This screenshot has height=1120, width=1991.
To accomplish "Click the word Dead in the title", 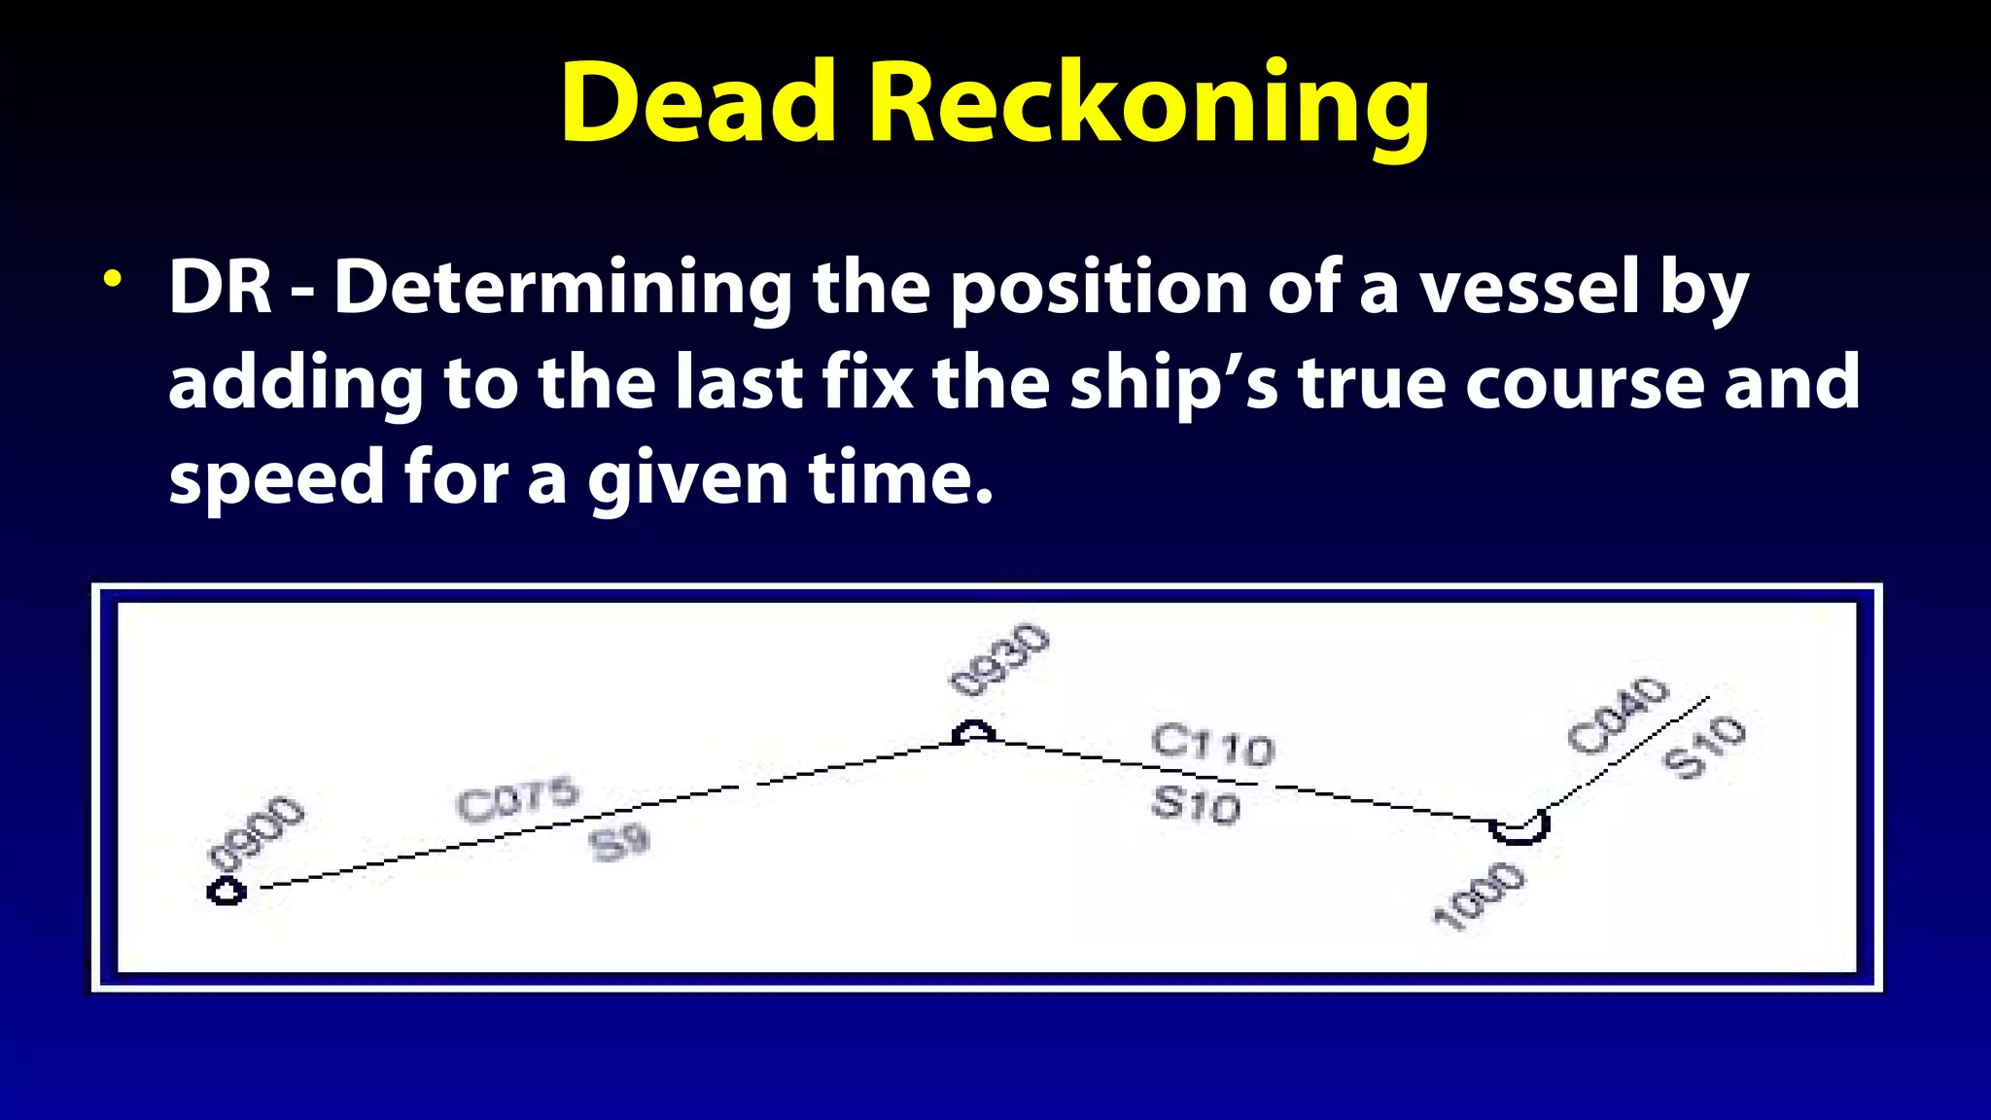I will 698,103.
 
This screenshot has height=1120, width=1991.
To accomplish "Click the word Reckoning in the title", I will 1148,105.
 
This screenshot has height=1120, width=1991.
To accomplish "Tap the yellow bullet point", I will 114,279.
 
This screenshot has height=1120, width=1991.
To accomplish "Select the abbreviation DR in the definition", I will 221,288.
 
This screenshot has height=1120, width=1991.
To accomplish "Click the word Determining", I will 563,288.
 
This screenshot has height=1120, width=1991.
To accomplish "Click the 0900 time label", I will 257,832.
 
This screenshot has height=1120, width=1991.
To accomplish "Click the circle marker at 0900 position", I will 227,891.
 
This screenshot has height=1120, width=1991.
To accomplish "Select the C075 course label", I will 517,800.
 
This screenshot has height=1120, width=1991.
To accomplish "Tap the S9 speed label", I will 619,842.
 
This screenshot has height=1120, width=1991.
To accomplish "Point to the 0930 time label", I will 999,661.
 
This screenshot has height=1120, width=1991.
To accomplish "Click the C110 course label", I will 1212,746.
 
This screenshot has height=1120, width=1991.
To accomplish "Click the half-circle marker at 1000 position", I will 1519,829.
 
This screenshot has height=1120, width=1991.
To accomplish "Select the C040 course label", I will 1618,716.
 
